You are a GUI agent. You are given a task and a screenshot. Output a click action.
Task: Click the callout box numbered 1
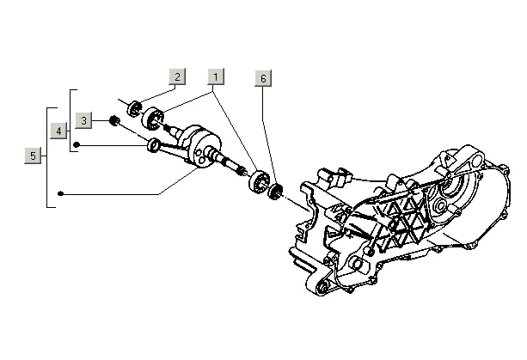[x=215, y=76]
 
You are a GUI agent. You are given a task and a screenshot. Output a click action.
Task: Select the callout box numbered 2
[x=176, y=76]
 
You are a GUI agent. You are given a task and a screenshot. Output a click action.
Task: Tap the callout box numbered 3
[x=83, y=119]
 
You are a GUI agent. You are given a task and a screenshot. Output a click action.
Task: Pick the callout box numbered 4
[x=58, y=131]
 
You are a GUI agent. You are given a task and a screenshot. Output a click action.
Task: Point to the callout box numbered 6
[x=264, y=77]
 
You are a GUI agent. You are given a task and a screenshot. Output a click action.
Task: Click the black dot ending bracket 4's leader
[x=77, y=145]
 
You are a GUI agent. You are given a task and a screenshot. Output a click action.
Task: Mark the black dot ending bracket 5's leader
[x=60, y=194]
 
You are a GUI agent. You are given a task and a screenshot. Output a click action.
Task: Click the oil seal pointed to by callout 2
[x=134, y=108]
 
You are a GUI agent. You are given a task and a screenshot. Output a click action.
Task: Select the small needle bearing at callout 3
[x=113, y=119]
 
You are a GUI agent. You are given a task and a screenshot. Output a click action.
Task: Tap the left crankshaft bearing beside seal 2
[x=156, y=116]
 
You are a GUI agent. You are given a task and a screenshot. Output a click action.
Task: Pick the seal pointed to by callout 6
[x=278, y=192]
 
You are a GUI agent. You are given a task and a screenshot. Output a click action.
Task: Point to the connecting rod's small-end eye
[x=153, y=143]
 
